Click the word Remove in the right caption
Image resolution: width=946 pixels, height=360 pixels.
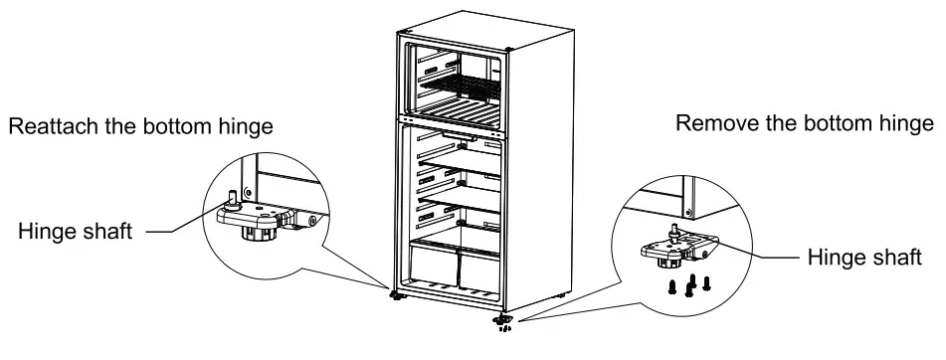coord(710,125)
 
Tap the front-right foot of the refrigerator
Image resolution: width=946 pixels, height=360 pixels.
coord(502,320)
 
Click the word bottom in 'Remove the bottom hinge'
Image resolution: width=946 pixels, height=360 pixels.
coord(833,125)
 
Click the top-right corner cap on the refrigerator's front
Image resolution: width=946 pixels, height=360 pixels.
coord(510,51)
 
